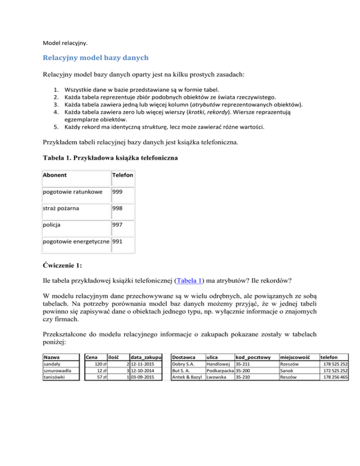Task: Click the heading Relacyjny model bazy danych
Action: (96, 58)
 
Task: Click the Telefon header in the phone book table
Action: (123, 175)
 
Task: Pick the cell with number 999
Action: (118, 192)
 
